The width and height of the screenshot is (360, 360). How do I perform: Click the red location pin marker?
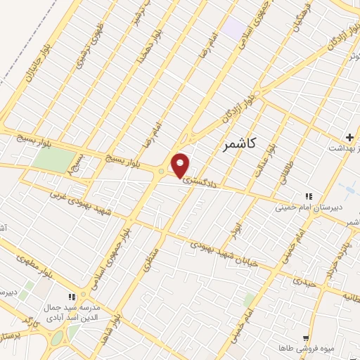[x=181, y=165]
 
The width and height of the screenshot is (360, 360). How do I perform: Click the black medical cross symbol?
[x=349, y=135]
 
